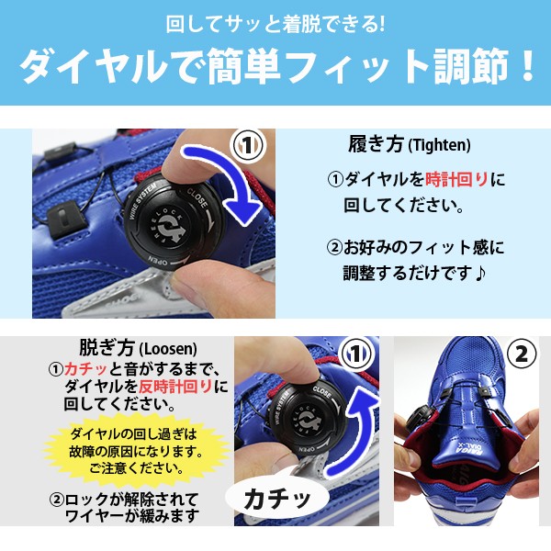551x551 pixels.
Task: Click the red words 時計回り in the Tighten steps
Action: [x=456, y=180]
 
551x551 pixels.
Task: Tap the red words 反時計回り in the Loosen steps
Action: [x=175, y=387]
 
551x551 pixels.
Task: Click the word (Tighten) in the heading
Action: [x=439, y=145]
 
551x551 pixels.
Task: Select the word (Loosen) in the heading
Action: [x=168, y=349]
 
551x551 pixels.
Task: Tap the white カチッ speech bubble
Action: [x=277, y=499]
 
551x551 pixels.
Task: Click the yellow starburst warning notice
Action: [x=136, y=451]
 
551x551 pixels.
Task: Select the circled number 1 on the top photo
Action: [x=248, y=145]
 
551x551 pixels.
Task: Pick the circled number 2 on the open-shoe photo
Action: [x=521, y=354]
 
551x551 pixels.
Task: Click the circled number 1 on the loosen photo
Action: [x=356, y=354]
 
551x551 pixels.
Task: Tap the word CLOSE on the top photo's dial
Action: [x=197, y=197]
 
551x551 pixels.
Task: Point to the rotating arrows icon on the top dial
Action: [x=171, y=228]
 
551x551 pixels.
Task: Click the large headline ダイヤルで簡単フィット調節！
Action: [x=277, y=67]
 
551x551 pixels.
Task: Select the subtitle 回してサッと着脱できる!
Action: [x=275, y=25]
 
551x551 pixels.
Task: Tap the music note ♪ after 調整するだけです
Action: [x=479, y=273]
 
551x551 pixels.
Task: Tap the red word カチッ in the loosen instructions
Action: [x=85, y=369]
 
